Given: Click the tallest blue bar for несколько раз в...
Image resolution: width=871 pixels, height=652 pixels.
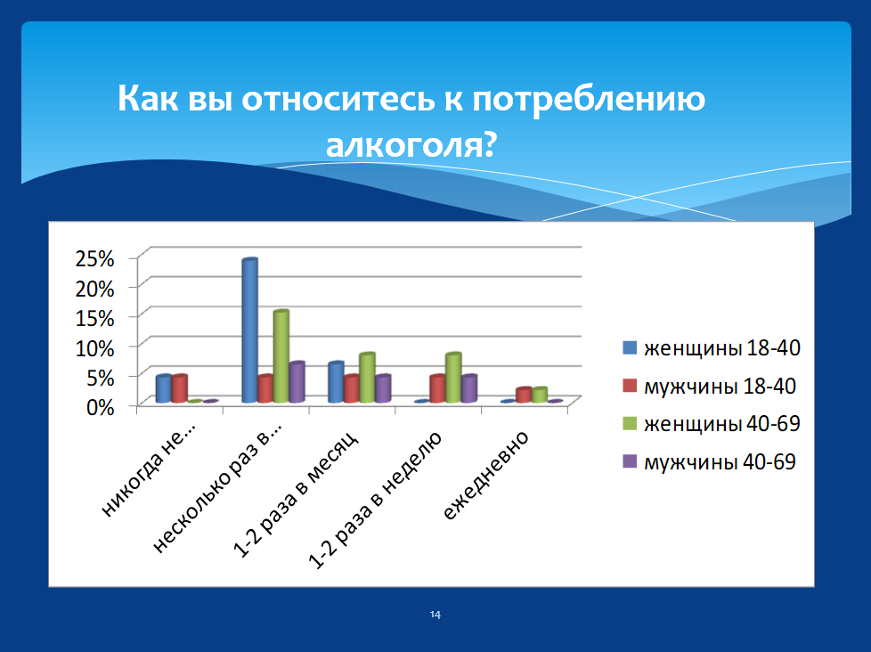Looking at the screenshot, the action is click(250, 330).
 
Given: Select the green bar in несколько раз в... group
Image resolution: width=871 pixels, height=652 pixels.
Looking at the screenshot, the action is click(281, 356).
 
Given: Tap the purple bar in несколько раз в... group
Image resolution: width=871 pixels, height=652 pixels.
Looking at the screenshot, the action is click(297, 382).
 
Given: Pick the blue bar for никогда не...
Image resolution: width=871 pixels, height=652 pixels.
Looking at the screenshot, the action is click(164, 388).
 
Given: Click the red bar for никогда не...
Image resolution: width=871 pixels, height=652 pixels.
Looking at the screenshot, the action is click(179, 388).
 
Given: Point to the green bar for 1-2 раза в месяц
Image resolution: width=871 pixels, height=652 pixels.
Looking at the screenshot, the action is click(367, 378).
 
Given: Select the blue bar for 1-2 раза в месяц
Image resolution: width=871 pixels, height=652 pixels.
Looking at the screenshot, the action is click(336, 382).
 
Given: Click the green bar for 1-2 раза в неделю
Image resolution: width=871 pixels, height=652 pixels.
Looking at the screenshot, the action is click(453, 378).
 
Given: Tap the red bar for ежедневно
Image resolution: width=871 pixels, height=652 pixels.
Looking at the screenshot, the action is click(524, 395).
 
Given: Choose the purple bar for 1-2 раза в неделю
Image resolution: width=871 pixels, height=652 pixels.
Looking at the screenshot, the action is click(469, 388).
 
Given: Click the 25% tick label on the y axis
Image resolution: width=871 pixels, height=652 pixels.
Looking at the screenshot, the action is click(95, 259).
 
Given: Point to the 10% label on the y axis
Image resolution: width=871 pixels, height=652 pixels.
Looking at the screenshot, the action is click(95, 348).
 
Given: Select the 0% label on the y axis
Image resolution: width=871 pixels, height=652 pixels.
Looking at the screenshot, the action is click(101, 408).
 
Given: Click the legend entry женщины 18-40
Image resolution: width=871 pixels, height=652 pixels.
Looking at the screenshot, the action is click(712, 348).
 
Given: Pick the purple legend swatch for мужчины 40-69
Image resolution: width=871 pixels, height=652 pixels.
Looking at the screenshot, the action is click(630, 461).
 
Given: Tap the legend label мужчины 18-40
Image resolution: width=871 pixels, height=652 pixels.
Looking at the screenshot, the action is click(720, 386).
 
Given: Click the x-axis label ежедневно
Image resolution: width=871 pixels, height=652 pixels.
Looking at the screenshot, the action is click(485, 476).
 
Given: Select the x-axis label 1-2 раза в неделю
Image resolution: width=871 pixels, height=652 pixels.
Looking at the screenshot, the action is click(375, 501).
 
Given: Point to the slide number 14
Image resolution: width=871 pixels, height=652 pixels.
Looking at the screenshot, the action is click(435, 615).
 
